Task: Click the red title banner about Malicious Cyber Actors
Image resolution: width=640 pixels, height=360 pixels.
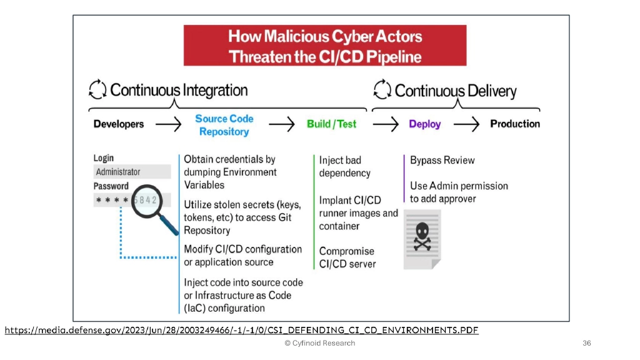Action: point(324,46)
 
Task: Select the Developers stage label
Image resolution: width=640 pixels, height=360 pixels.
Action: point(119,124)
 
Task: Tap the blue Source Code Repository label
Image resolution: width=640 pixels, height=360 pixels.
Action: point(224,125)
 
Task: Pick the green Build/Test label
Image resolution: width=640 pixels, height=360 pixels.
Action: point(331,124)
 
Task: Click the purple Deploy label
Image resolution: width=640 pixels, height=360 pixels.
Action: point(424,124)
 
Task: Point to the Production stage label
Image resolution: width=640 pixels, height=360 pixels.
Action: point(514,124)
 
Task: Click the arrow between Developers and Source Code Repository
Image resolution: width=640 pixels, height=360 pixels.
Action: point(168,124)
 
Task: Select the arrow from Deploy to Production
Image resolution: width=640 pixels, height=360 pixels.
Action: point(466,124)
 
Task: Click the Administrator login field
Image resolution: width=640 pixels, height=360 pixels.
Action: point(132,172)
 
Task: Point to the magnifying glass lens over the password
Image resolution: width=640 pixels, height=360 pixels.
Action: point(150,201)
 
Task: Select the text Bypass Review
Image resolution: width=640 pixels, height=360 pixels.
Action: point(442,161)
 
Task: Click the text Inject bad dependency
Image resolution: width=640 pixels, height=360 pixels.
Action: point(344,167)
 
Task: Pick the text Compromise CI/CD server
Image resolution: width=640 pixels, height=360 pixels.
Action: point(347,257)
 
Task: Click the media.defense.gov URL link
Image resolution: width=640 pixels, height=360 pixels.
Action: point(241,330)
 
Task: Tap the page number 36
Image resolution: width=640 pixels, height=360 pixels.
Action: point(586,343)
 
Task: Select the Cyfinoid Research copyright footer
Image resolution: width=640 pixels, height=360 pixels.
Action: point(319,343)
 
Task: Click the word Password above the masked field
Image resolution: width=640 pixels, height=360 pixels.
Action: point(111,186)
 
